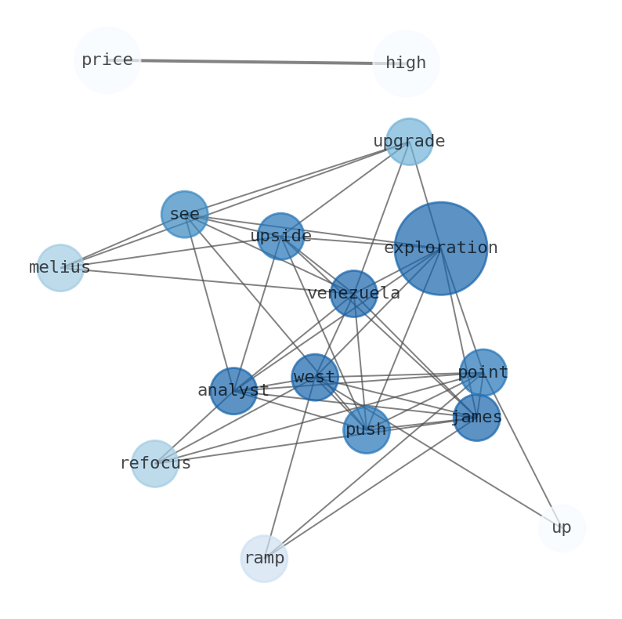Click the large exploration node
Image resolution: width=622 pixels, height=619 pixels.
pyautogui.click(x=440, y=248)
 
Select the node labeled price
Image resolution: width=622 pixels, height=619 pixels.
pyautogui.click(x=107, y=60)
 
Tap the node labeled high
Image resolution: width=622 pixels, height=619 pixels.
pyautogui.click(x=406, y=63)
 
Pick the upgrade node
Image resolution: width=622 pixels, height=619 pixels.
pyautogui.click(x=409, y=142)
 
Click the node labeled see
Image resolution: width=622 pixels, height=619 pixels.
pyautogui.click(x=185, y=215)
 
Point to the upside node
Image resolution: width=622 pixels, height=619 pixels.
pyautogui.click(x=280, y=237)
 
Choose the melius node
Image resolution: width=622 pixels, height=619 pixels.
pyautogui.click(x=60, y=268)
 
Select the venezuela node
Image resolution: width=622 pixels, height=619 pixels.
pyautogui.click(x=353, y=294)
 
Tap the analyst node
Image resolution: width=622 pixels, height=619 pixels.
pyautogui.click(x=233, y=391)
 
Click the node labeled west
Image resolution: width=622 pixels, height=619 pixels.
pyautogui.click(x=315, y=378)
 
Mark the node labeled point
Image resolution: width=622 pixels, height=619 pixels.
pyautogui.click(x=483, y=372)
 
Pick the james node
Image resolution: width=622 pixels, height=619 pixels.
pyautogui.click(x=476, y=418)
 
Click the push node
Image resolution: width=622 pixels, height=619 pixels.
pyautogui.click(x=366, y=430)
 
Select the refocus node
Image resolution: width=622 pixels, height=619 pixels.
pyautogui.click(x=155, y=464)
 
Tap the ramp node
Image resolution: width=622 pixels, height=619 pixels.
pyautogui.click(x=264, y=559)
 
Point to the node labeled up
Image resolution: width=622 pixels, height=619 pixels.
pyautogui.click(x=562, y=528)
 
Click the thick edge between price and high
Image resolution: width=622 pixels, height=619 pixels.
pyautogui.click(x=256, y=62)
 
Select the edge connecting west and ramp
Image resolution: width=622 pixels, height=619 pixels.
pyautogui.click(x=290, y=467)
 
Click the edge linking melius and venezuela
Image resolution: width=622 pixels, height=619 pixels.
pyautogui.click(x=207, y=281)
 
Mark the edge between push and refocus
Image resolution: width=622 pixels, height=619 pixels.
pyautogui.click(x=260, y=447)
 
